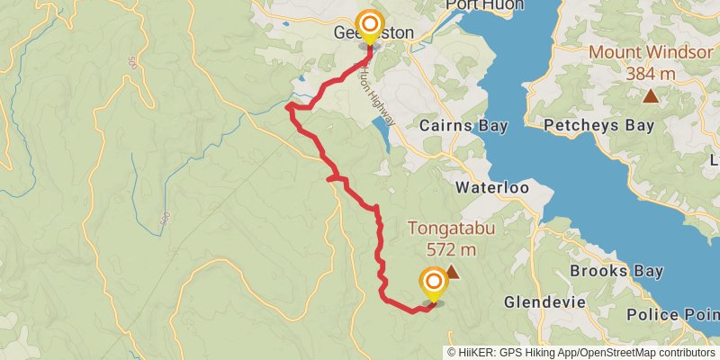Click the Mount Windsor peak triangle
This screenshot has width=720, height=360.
coord(650,94)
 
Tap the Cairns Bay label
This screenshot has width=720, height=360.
coord(463,126)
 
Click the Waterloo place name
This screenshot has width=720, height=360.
coord(490,188)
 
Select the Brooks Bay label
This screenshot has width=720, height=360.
coord(616,271)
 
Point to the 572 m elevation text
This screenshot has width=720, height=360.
coord(451,249)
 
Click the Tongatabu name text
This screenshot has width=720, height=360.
coord(452,229)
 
